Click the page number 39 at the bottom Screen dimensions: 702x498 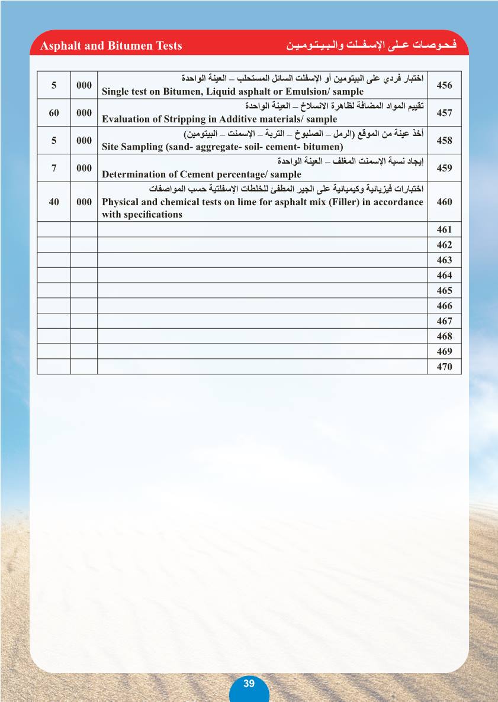click(249, 684)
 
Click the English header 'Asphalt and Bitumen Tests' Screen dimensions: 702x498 click(111, 46)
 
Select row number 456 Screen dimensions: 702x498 click(444, 85)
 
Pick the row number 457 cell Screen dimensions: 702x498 click(444, 113)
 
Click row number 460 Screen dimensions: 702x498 click(444, 202)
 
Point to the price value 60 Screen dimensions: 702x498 click(54, 113)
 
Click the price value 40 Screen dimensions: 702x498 click(54, 202)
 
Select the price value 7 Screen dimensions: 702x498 click(54, 168)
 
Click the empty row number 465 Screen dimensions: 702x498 click(444, 290)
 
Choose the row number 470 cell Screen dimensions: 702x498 click(444, 367)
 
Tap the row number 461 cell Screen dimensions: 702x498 click(444, 229)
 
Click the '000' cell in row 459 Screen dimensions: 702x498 click(84, 168)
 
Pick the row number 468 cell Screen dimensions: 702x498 click(444, 336)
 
